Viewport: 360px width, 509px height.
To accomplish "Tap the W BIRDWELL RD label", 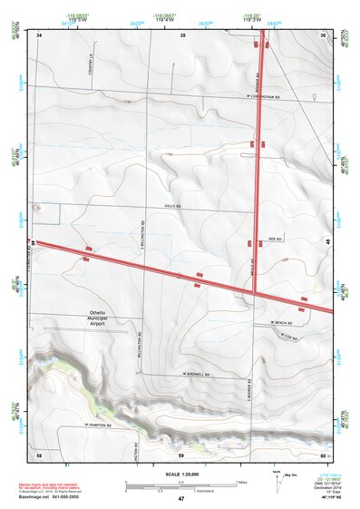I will coord(196,374).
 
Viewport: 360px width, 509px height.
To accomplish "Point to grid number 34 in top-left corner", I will coord(40,34).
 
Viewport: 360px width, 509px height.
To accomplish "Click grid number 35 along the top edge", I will coord(182,34).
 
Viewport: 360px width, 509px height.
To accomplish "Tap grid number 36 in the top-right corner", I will coord(324,34).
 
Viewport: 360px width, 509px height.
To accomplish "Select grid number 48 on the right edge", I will coord(326,240).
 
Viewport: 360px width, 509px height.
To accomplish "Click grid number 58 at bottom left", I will coord(39,453).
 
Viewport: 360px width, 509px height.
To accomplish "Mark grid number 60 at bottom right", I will coord(323,453).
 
